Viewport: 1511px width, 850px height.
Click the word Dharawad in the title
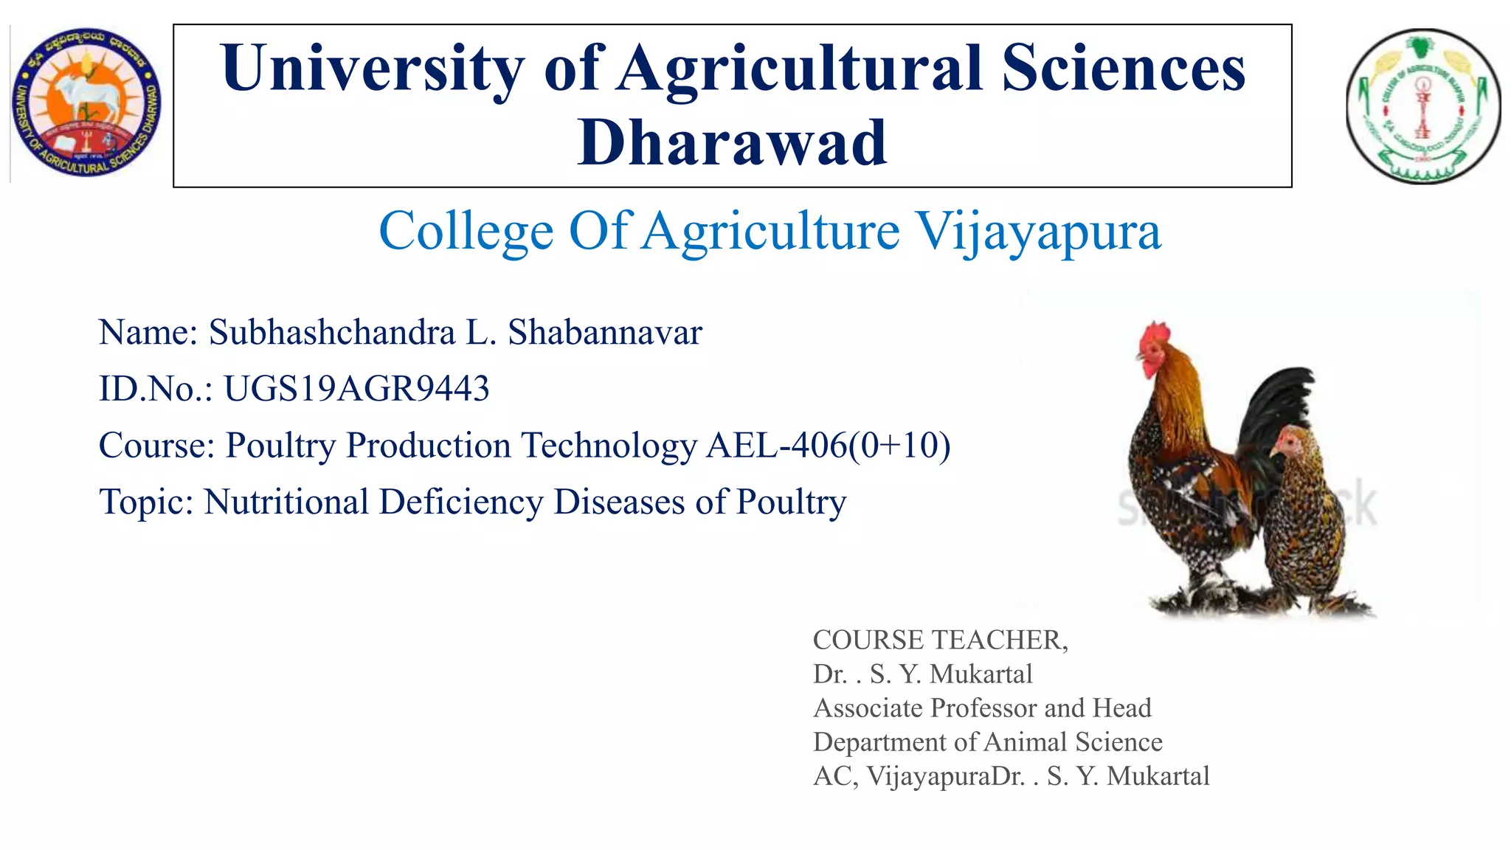tap(732, 143)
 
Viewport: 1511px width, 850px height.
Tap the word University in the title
tap(373, 69)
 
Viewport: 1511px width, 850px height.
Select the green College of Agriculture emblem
tap(1422, 106)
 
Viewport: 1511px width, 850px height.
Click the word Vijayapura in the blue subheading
tap(1038, 232)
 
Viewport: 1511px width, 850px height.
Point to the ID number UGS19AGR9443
tap(356, 389)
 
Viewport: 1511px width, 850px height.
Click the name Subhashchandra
tap(331, 332)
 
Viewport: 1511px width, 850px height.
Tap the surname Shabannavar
tap(604, 332)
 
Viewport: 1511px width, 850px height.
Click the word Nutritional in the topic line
tap(286, 502)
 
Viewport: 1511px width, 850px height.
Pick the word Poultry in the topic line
tap(791, 502)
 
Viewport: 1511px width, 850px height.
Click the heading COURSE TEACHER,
tap(940, 640)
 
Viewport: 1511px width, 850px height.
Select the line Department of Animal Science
tap(987, 742)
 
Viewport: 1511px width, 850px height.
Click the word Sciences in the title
tap(1123, 69)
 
